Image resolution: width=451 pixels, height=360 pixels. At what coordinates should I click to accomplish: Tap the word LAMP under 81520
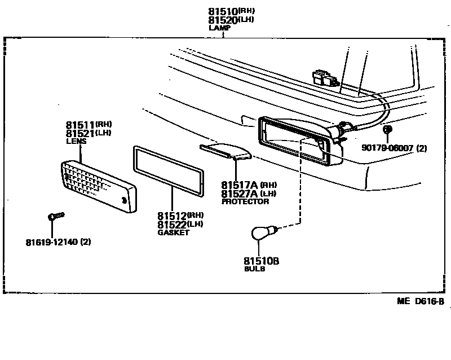pyautogui.click(x=216, y=27)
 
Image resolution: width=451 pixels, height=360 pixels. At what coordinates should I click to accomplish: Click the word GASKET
pyautogui.click(x=173, y=233)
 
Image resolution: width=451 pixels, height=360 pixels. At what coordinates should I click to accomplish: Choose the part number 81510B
pyautogui.click(x=262, y=261)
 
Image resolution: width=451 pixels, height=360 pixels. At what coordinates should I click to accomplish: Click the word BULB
pyautogui.click(x=254, y=269)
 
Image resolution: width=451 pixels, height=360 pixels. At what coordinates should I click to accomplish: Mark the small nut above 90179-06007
pyautogui.click(x=387, y=130)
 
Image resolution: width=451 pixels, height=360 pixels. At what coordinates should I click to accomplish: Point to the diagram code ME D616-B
pyautogui.click(x=420, y=301)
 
